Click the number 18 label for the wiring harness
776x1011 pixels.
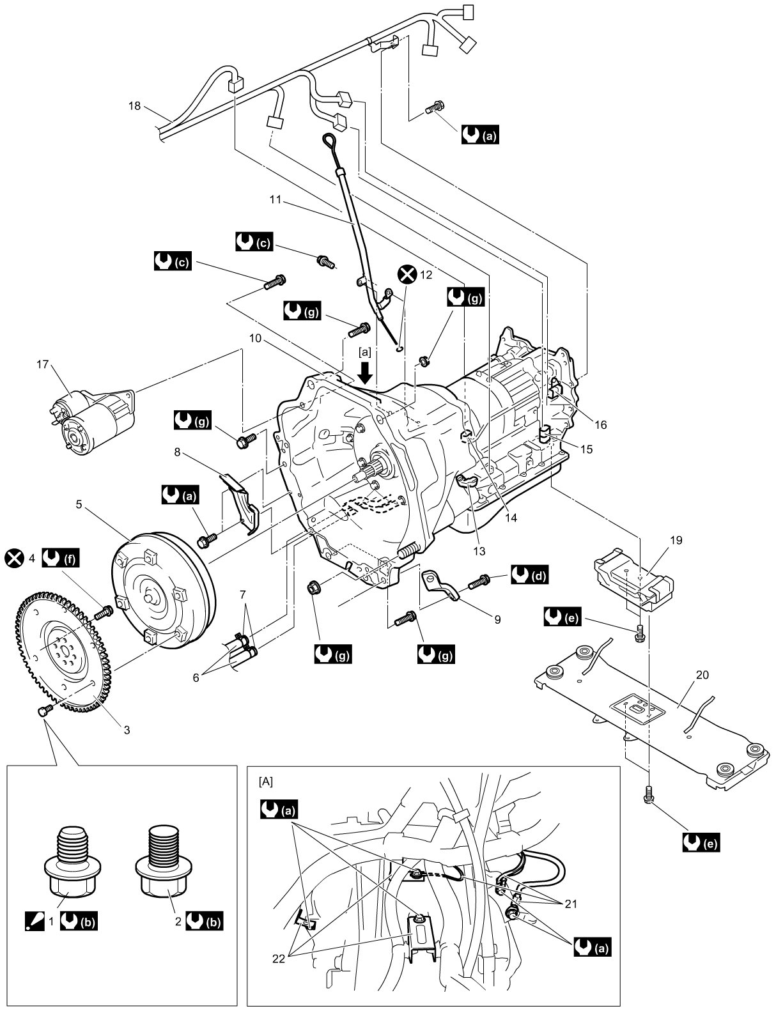[134, 106]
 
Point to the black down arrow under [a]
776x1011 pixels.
[366, 373]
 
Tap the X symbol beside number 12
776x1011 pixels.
[407, 275]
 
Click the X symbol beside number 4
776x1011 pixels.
[15, 558]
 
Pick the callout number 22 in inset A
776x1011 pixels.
[279, 959]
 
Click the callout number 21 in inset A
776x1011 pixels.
[571, 904]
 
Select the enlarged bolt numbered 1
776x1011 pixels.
[72, 862]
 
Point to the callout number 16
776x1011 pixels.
[601, 424]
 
